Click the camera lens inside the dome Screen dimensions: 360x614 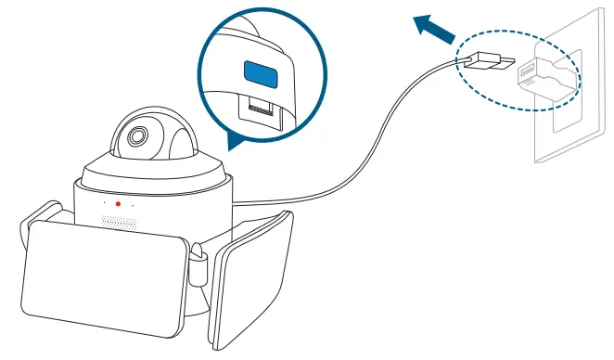click(x=136, y=135)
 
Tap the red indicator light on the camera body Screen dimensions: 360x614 click(x=118, y=203)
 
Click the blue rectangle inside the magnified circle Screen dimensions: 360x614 click(x=260, y=71)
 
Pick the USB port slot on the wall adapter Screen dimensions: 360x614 click(x=526, y=71)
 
